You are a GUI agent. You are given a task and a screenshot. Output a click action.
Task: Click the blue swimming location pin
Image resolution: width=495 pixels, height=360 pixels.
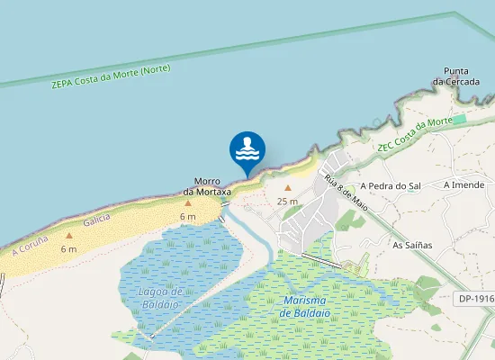pos(247,150)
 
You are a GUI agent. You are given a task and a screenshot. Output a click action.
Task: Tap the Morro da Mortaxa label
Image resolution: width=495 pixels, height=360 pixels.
pos(207,186)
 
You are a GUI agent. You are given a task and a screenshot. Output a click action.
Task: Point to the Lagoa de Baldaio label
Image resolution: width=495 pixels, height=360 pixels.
pos(162,297)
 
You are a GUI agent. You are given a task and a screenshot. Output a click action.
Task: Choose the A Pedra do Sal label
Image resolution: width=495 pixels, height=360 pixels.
pos(392,185)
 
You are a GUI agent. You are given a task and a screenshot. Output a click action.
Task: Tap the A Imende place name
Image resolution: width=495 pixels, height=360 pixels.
pos(463,184)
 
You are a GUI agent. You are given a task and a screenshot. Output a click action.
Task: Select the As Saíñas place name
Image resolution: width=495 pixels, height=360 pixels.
pos(412,244)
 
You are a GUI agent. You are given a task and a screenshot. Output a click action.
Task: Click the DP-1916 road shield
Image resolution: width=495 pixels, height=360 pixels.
pos(474,298)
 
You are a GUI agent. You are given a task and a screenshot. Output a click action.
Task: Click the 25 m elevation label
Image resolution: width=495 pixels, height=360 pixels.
pos(288,201)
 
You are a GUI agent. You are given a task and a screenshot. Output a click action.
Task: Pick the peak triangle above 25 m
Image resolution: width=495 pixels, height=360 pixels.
pos(288,188)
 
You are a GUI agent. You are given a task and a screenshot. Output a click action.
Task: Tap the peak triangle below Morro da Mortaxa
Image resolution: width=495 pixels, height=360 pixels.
pos(188,203)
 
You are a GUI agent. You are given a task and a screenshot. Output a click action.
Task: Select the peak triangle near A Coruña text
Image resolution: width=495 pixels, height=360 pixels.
pos(68,236)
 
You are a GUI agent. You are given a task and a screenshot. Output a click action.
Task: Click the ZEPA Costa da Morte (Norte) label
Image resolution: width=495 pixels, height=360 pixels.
pos(111,77)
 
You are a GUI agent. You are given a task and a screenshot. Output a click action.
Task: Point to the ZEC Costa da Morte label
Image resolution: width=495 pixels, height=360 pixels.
pos(413,134)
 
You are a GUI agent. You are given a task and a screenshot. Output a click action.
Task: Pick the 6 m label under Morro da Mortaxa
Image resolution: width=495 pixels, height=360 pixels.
pos(188,217)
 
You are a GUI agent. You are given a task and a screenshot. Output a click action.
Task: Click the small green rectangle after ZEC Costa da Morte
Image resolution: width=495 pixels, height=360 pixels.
pos(460,119)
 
